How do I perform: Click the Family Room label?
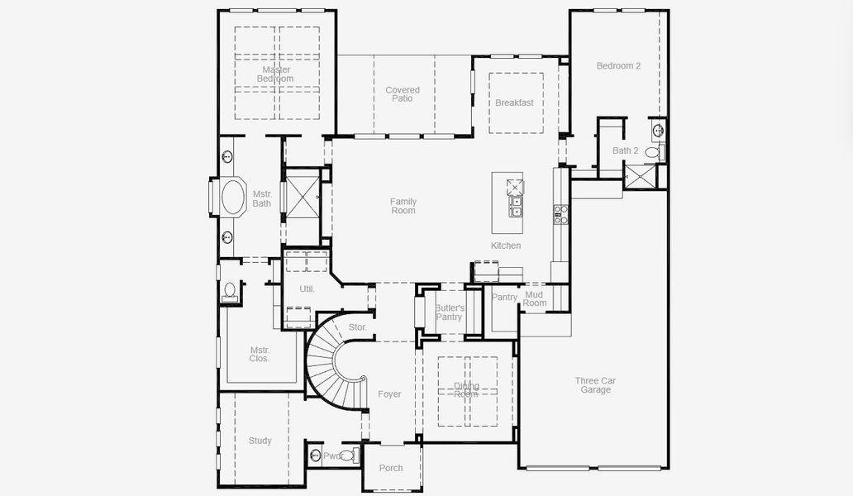point(403,206)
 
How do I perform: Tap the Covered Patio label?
point(403,94)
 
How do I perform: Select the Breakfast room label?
point(514,103)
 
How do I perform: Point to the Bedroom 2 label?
point(618,66)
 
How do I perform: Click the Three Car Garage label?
point(595,385)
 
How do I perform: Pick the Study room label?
point(260,441)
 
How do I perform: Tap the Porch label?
point(391,468)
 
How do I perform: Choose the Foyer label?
point(389,394)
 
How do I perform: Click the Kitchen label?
point(506,246)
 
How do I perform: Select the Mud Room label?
point(534,298)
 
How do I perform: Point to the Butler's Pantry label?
point(450,312)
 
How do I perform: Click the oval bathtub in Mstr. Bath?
point(234,197)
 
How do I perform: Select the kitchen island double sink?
point(516,207)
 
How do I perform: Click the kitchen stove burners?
point(561,214)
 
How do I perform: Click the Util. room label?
point(307,289)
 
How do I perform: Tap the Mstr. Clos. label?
point(260,354)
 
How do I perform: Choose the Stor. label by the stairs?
point(357,327)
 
